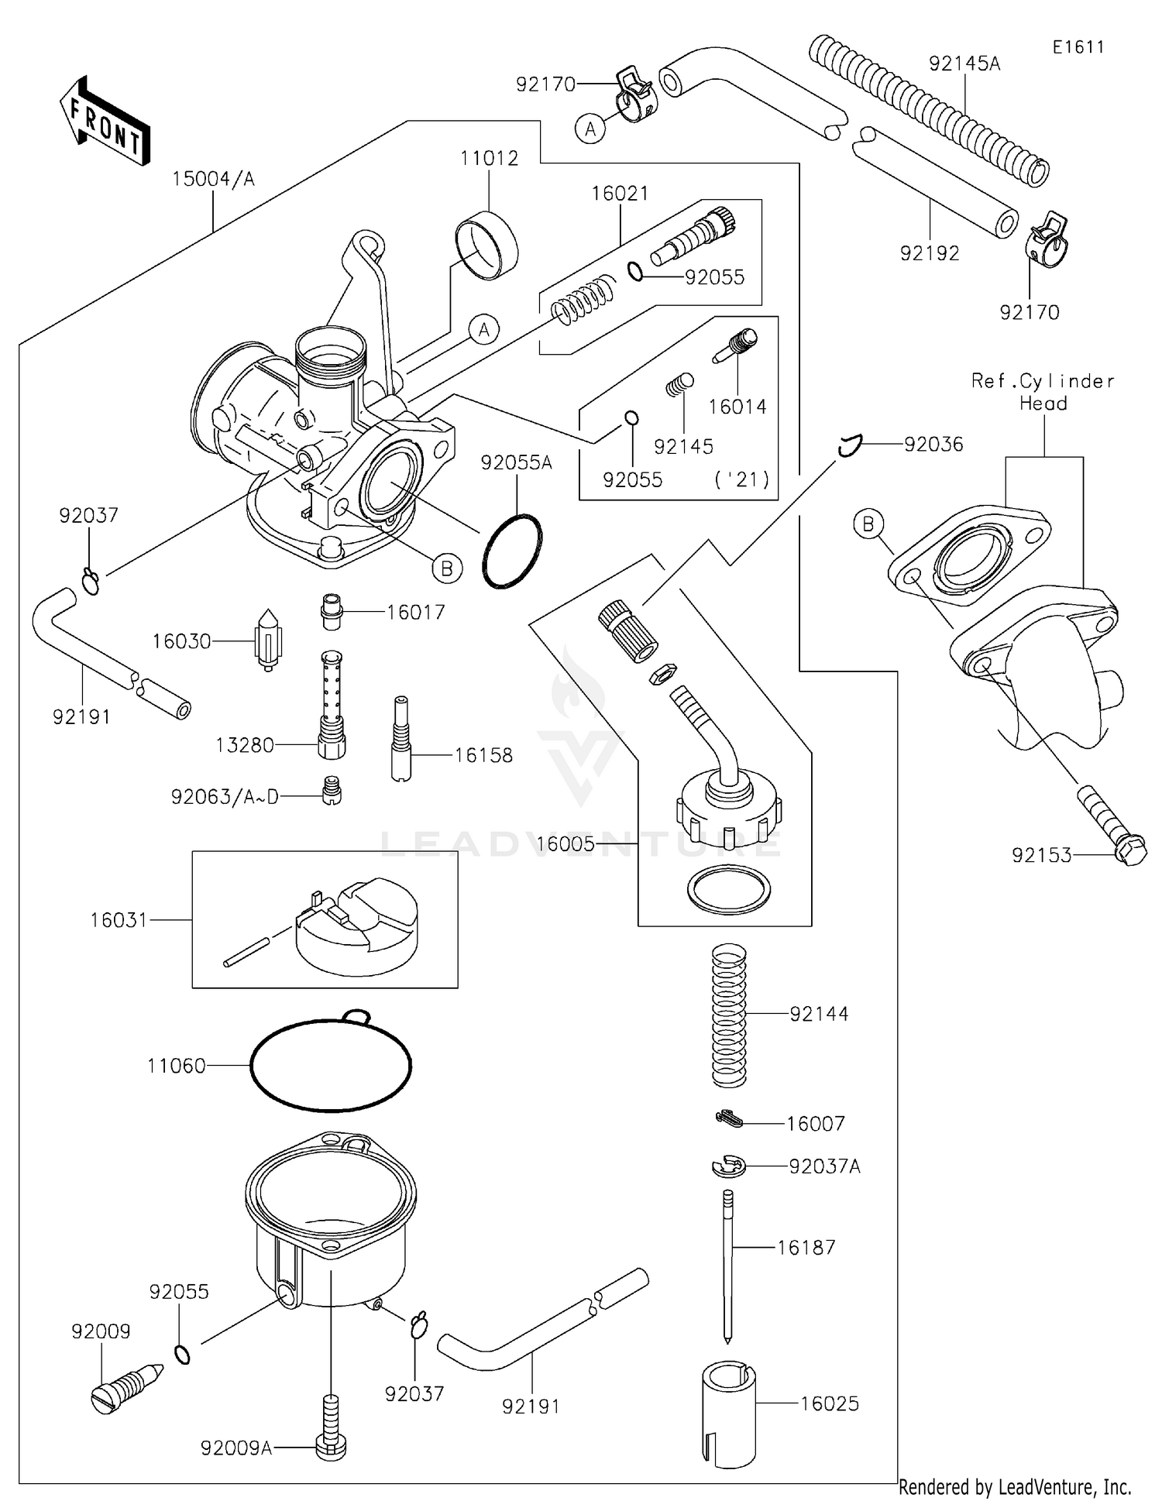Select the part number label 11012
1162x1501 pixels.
489,159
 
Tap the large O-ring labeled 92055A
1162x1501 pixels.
512,551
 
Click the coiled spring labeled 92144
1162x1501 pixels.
728,1015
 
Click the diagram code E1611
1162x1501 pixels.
1078,47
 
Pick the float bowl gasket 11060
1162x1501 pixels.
331,1066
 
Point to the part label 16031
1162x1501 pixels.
119,920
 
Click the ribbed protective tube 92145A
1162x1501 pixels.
927,110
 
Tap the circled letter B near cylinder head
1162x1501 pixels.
868,524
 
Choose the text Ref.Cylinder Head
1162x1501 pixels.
1043,392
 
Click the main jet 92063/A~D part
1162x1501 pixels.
332,791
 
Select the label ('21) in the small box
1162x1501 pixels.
741,479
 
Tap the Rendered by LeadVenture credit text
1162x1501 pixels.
1015,1487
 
